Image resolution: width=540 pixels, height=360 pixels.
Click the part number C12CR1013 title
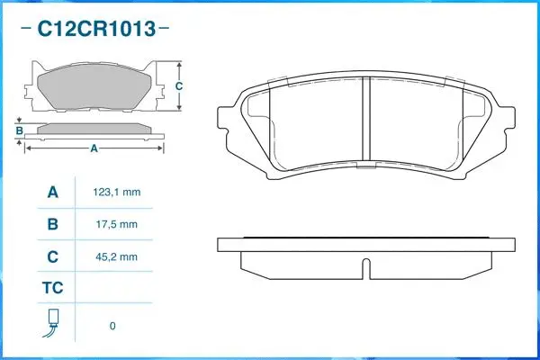(x=94, y=28)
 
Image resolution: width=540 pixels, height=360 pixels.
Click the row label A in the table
(x=52, y=193)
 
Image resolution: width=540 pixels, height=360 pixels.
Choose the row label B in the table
(x=52, y=224)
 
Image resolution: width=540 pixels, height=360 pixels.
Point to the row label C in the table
(x=52, y=256)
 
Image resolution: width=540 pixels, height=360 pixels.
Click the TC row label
(x=52, y=289)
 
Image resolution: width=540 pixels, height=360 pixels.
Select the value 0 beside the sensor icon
(x=112, y=325)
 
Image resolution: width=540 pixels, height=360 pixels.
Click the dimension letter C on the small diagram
(x=179, y=86)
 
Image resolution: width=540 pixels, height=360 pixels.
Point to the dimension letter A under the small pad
(x=93, y=149)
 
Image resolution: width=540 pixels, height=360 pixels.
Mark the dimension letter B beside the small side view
(x=19, y=131)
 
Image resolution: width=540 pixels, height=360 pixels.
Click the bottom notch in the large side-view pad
(x=365, y=267)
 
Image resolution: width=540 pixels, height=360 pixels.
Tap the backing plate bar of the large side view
(x=365, y=244)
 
